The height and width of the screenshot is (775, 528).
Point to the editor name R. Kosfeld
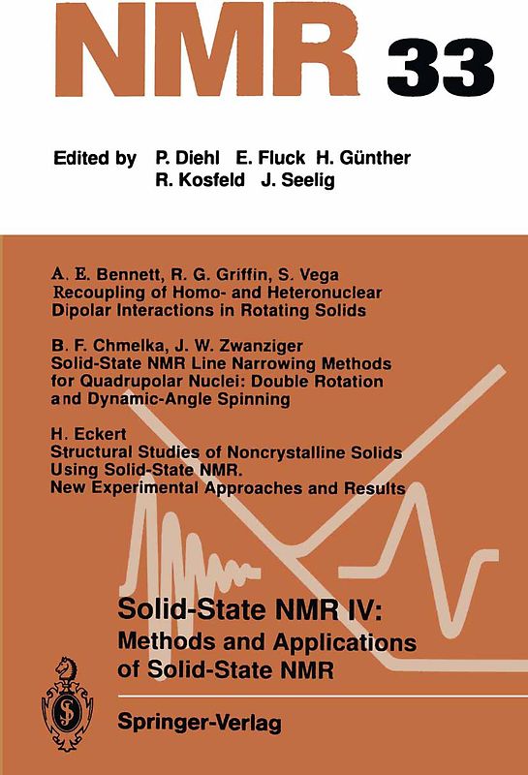click(x=201, y=181)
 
